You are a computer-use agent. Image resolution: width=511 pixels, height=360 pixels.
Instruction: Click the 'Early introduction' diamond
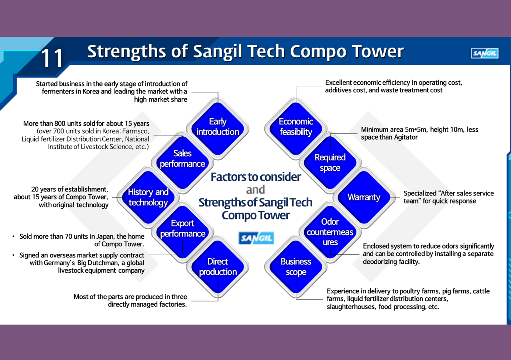click(x=218, y=128)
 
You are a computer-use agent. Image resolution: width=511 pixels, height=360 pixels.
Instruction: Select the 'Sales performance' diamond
click(x=182, y=162)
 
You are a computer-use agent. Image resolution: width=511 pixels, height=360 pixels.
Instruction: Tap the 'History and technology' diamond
click(x=148, y=197)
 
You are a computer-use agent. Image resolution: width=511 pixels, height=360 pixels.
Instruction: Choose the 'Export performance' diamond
click(x=182, y=232)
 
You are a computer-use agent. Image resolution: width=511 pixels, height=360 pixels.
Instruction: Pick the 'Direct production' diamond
click(x=218, y=267)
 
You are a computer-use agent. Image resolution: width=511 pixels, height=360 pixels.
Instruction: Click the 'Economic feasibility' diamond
click(x=296, y=128)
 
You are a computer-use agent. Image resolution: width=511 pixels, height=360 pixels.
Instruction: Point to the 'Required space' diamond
click(x=330, y=162)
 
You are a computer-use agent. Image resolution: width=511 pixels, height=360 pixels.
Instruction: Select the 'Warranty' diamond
click(x=364, y=197)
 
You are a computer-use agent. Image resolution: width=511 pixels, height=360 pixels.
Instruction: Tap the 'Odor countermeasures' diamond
click(x=330, y=232)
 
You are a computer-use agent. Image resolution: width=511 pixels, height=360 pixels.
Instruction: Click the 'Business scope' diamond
click(x=296, y=267)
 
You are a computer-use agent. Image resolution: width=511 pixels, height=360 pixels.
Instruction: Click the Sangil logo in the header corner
click(x=485, y=53)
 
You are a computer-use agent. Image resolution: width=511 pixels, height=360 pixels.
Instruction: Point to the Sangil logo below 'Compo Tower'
click(x=256, y=238)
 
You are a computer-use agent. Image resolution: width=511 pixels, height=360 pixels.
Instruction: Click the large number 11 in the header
click(x=52, y=58)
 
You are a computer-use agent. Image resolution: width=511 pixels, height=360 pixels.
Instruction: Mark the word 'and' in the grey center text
click(x=255, y=190)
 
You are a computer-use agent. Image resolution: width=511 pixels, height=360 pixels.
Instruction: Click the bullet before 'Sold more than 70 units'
click(x=14, y=237)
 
